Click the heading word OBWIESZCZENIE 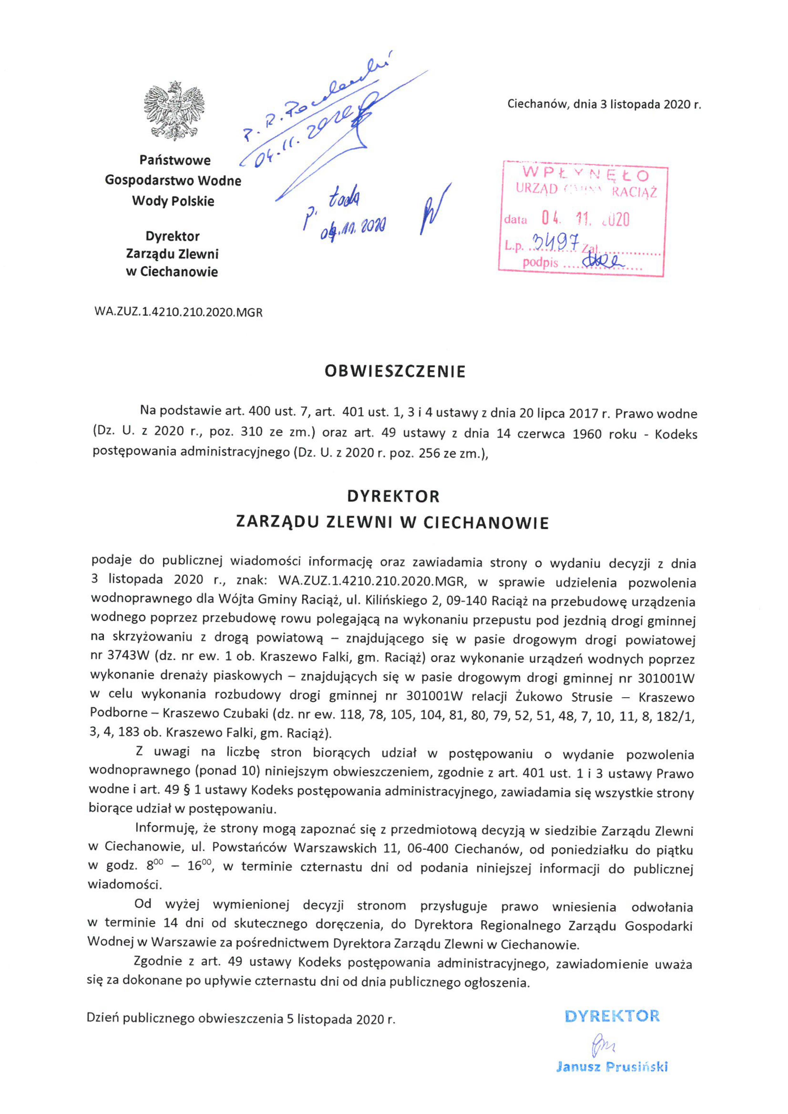pos(394,371)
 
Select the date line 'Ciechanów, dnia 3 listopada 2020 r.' pos(604,104)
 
